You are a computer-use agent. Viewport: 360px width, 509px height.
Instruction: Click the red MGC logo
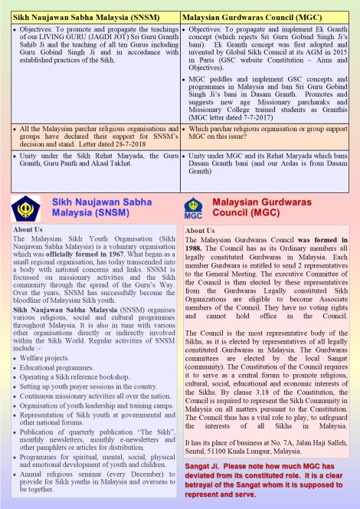[x=194, y=206]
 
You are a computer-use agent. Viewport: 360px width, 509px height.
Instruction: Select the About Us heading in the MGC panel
[x=200, y=231]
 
